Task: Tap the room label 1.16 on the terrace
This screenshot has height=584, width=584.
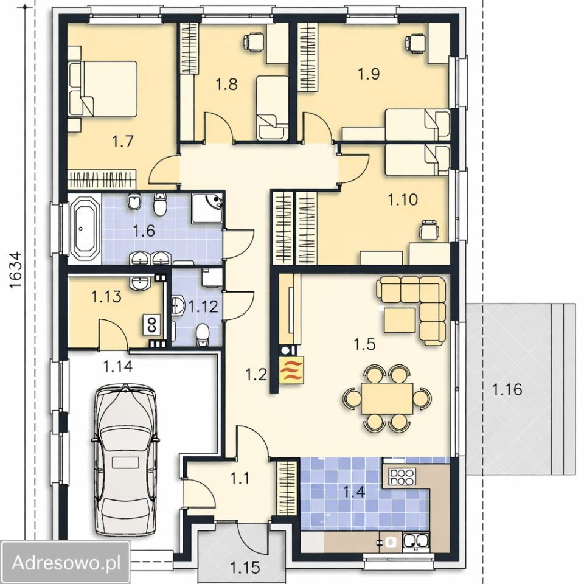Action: click(x=507, y=389)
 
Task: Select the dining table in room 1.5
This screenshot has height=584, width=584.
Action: click(x=387, y=398)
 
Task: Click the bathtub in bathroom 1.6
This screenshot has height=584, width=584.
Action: click(x=85, y=228)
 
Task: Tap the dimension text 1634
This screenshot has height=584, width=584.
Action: click(x=16, y=270)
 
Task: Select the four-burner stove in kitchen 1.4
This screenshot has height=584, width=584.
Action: click(x=402, y=477)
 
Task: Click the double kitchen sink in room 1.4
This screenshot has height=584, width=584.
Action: click(x=415, y=541)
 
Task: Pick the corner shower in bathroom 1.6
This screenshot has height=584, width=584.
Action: click(x=207, y=209)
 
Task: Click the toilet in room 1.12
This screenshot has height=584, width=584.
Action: click(x=202, y=333)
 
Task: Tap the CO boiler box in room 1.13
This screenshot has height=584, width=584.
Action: click(x=152, y=324)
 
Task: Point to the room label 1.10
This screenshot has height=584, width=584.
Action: click(x=403, y=200)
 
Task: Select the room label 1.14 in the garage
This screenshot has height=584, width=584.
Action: click(x=117, y=366)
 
